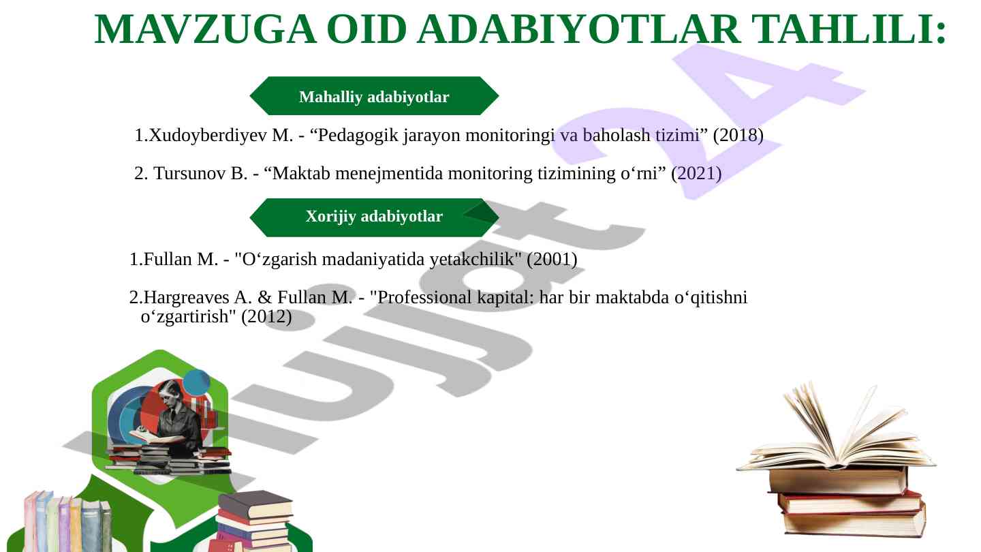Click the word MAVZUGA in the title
205,29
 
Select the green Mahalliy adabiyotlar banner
374,96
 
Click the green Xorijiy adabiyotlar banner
374,217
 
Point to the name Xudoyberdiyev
208,136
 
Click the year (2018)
738,136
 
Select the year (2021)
696,174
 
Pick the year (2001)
552,260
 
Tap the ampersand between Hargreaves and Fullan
264,297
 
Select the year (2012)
267,317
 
